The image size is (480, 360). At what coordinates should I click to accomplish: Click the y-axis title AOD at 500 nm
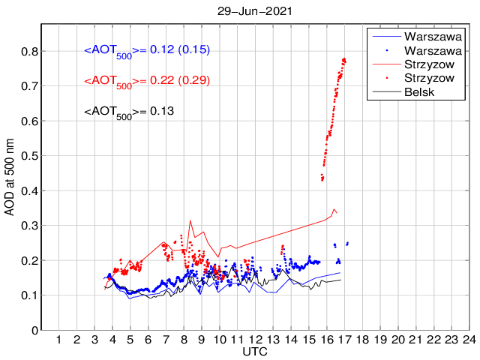pyautogui.click(x=10, y=176)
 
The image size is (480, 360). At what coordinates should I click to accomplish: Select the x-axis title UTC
pyautogui.click(x=255, y=351)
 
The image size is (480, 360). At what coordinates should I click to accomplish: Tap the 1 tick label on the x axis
pyautogui.click(x=59, y=340)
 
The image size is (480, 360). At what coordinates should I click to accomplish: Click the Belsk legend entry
pyautogui.click(x=419, y=91)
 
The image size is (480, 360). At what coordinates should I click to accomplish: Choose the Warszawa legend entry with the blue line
pyautogui.click(x=419, y=35)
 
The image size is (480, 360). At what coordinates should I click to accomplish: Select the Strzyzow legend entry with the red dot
pyautogui.click(x=419, y=78)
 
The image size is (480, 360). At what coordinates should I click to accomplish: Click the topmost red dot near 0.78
pyautogui.click(x=343, y=58)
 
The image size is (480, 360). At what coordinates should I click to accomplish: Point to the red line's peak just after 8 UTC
pyautogui.click(x=190, y=220)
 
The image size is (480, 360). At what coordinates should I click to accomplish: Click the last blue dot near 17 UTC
pyautogui.click(x=347, y=243)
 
